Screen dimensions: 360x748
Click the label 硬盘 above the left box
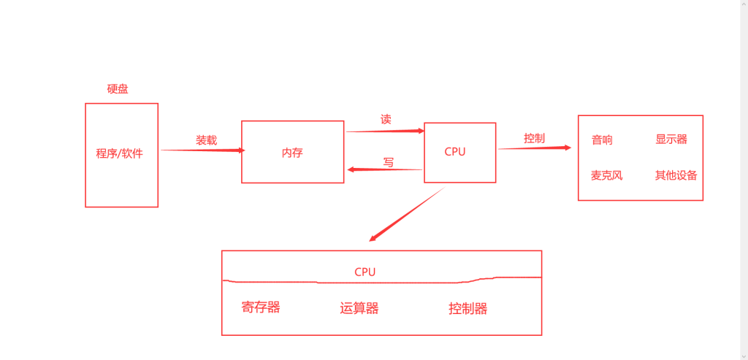[118, 89]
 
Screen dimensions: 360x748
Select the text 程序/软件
[120, 153]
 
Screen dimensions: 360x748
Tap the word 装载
[206, 139]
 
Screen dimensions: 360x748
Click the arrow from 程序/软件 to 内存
[202, 150]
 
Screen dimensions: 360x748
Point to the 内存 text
[292, 153]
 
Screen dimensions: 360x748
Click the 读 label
[386, 119]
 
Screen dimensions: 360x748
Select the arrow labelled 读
[384, 131]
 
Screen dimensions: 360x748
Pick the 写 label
[389, 162]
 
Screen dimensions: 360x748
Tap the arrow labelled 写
[384, 169]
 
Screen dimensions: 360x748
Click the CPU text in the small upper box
[455, 151]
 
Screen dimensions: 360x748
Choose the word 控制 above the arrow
[534, 138]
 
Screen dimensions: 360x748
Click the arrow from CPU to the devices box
[534, 148]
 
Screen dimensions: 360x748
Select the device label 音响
[602, 140]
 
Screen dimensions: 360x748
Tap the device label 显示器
[671, 139]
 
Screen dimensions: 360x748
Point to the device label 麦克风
[606, 175]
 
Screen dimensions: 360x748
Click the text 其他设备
[676, 175]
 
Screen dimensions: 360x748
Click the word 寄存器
[261, 307]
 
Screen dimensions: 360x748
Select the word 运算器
[359, 308]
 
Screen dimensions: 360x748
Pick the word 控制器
[467, 308]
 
